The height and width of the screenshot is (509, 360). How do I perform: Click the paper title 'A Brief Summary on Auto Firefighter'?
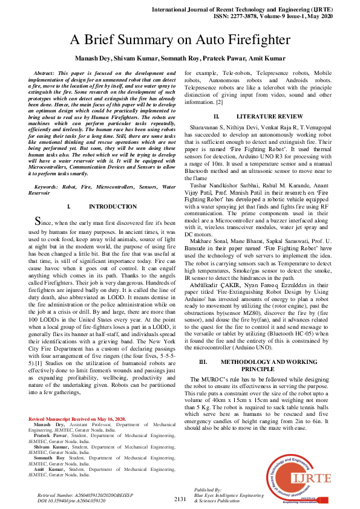tap(180, 41)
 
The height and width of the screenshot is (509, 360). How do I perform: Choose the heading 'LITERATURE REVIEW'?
tap(269, 115)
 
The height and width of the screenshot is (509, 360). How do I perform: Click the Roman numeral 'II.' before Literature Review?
tap(217, 115)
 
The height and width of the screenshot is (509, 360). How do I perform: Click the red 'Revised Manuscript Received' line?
tap(77, 419)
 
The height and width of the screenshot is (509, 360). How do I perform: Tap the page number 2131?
tap(180, 499)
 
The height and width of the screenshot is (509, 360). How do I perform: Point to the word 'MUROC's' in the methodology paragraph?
tap(218, 380)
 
